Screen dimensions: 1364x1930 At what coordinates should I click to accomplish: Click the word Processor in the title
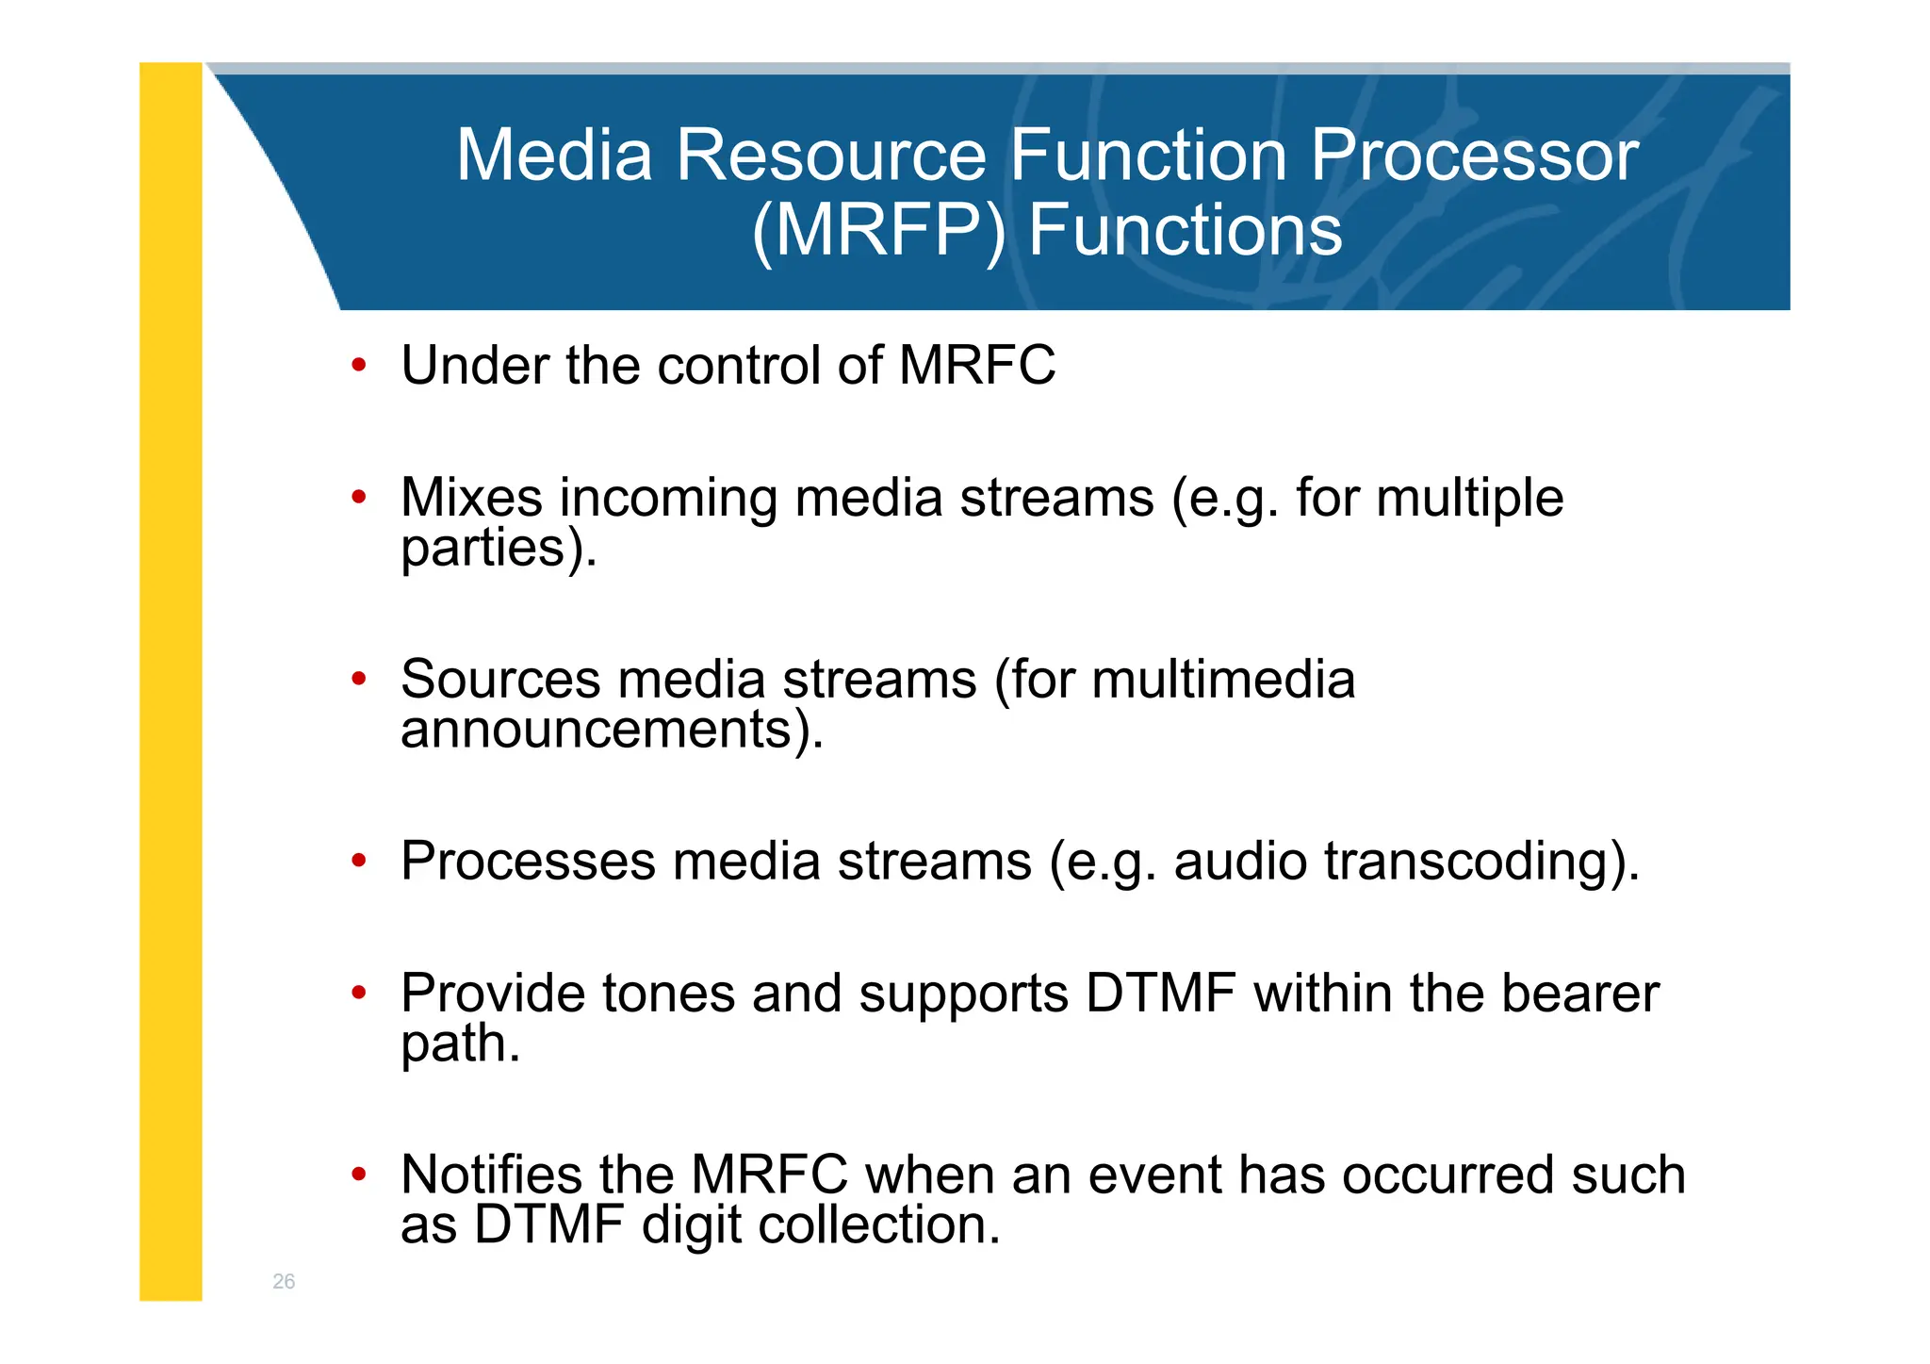pos(1475,156)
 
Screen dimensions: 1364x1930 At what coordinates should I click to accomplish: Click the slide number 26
pos(284,1281)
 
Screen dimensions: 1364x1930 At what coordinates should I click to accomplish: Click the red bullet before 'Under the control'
pos(358,366)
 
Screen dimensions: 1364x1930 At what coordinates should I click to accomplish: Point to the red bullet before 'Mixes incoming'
pos(358,497)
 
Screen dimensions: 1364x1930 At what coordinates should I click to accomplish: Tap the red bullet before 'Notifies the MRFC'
pos(358,1175)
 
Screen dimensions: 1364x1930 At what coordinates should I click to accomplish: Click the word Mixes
pos(471,497)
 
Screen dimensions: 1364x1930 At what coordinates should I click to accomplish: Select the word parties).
pos(499,548)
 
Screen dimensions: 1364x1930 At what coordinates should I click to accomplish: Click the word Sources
pos(500,679)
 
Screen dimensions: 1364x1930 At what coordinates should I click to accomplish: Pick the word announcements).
pos(612,730)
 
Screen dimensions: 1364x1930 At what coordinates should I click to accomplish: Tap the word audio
pos(1240,862)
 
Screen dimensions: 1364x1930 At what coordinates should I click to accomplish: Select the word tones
pos(668,994)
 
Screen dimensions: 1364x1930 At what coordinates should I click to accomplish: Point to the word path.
pos(460,1044)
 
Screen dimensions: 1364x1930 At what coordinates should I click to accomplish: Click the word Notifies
pos(491,1175)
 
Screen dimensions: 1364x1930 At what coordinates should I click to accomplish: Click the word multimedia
pos(1222,679)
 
